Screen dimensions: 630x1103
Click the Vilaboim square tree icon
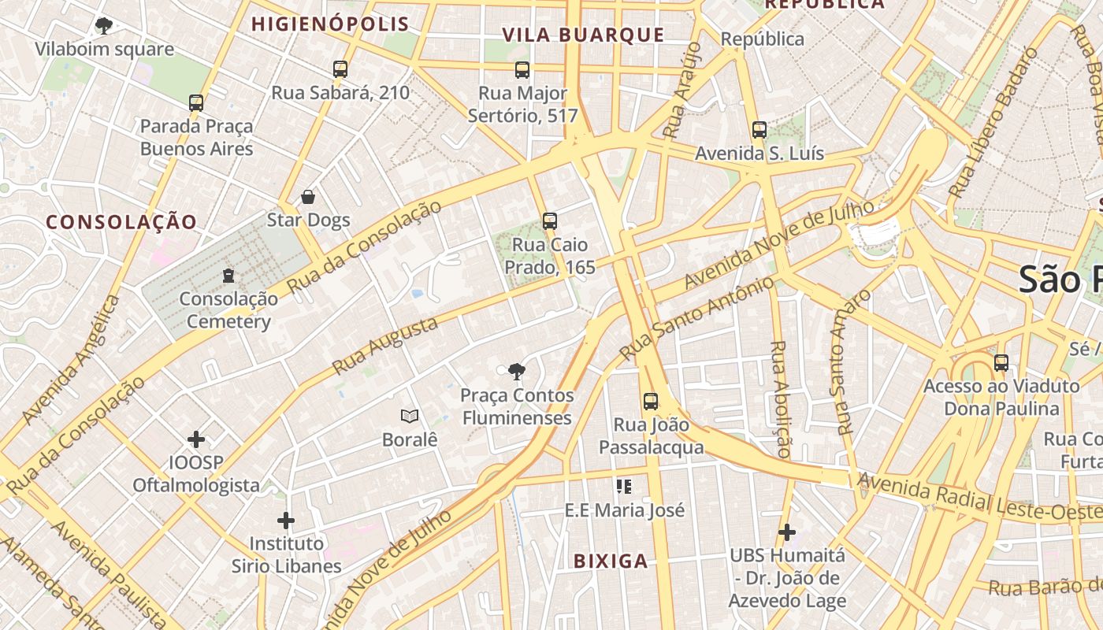pyautogui.click(x=103, y=26)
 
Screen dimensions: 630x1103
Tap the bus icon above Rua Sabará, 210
pyautogui.click(x=340, y=69)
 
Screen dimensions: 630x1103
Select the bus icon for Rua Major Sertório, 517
pyautogui.click(x=522, y=70)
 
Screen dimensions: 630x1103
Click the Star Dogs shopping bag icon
pyautogui.click(x=308, y=197)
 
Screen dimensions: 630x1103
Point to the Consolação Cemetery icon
pyautogui.click(x=228, y=276)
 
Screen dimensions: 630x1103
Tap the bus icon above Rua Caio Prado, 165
pyautogui.click(x=550, y=221)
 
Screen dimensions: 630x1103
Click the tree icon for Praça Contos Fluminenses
pyautogui.click(x=517, y=372)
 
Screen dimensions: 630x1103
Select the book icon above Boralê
pyautogui.click(x=410, y=416)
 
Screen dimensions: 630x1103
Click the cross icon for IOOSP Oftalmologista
pyautogui.click(x=196, y=439)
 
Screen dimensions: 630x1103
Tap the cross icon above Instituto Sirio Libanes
pyautogui.click(x=286, y=521)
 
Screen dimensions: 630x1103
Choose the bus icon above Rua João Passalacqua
pyautogui.click(x=651, y=402)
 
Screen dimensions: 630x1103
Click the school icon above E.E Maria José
pyautogui.click(x=624, y=487)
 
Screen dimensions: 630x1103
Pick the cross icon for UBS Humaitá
pyautogui.click(x=787, y=532)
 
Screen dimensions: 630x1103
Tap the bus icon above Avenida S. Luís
pyautogui.click(x=759, y=130)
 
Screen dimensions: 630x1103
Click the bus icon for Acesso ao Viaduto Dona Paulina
pyautogui.click(x=1001, y=363)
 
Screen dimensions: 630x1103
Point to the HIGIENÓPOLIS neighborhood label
pyautogui.click(x=330, y=24)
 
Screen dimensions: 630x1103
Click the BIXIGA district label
pyautogui.click(x=611, y=561)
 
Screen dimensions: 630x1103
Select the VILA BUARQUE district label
pyautogui.click(x=583, y=35)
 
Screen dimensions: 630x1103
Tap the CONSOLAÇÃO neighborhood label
pyautogui.click(x=121, y=222)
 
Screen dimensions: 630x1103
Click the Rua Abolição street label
pyautogui.click(x=781, y=398)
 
